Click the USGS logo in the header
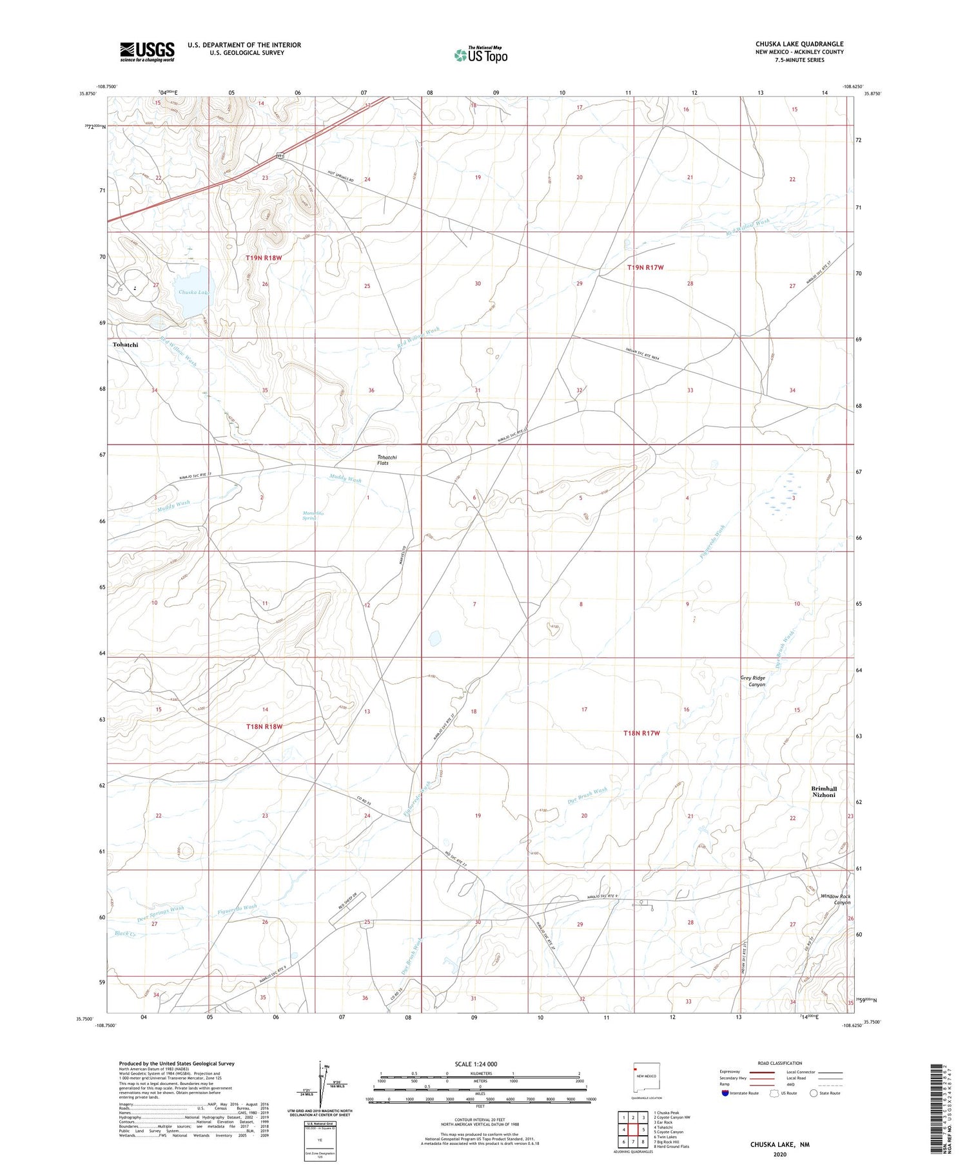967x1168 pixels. tap(147, 51)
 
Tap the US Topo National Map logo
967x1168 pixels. tap(481, 55)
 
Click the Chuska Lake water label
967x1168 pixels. tap(193, 292)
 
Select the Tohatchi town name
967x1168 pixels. tap(125, 345)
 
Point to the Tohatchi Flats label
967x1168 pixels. tap(387, 460)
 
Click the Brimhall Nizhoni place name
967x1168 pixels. tap(823, 792)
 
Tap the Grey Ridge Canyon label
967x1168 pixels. tap(752, 681)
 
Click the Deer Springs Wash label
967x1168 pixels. tap(161, 912)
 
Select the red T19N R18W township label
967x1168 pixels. tap(264, 258)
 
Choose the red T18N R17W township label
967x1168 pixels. tap(641, 733)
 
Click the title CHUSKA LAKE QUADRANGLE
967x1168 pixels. tap(799, 44)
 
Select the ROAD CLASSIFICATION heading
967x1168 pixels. tap(780, 1063)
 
